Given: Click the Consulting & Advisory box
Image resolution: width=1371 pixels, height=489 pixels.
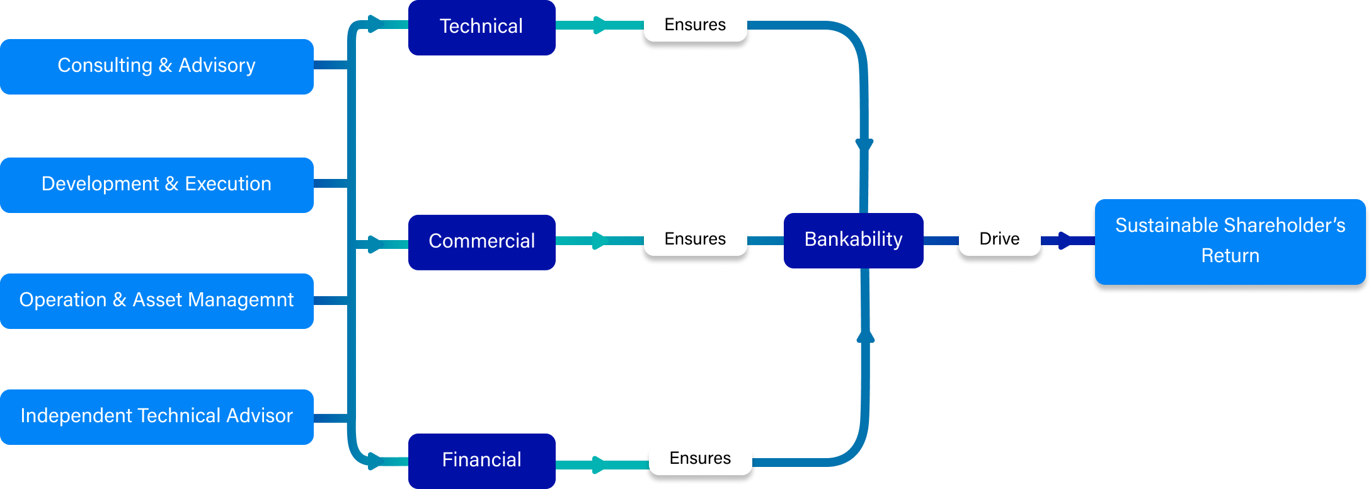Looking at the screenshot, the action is click(157, 67).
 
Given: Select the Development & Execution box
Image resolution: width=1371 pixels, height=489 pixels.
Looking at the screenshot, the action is click(157, 185).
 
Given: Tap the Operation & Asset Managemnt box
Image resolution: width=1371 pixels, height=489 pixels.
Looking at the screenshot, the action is click(157, 301).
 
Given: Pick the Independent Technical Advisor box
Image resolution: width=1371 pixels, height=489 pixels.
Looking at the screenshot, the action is click(157, 417).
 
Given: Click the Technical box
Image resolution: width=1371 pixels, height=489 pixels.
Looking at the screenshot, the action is click(482, 28).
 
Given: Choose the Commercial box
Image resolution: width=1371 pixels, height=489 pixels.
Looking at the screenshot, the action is click(482, 243).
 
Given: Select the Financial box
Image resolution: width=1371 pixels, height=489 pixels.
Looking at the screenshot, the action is click(482, 461).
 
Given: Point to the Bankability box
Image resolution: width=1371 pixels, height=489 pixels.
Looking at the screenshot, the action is click(854, 241).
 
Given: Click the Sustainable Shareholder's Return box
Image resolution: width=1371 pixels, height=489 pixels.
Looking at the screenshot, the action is click(1230, 242).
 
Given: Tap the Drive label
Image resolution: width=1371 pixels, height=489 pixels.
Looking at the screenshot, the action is click(999, 239).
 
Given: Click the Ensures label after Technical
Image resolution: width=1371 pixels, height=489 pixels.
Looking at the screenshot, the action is click(696, 25).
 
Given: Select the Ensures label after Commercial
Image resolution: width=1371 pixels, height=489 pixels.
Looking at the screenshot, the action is click(696, 239).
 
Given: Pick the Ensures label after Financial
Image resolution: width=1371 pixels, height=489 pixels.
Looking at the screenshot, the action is click(701, 459).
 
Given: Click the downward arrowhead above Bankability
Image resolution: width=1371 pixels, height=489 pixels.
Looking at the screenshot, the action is click(864, 146).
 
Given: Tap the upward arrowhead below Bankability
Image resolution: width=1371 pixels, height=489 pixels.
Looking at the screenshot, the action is click(866, 336).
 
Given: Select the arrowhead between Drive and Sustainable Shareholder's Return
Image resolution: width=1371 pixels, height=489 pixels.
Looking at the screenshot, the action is click(1065, 241).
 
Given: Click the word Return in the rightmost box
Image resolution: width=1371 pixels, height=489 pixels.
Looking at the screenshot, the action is click(1230, 256).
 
